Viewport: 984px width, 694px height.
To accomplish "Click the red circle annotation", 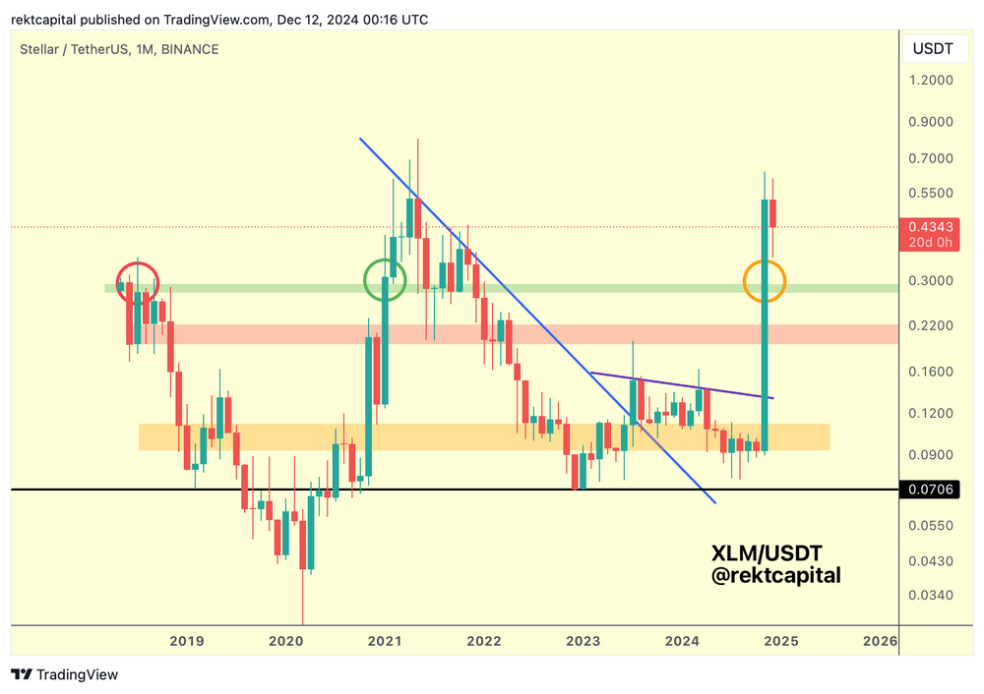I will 138,282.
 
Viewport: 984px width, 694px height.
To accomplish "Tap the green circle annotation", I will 385,280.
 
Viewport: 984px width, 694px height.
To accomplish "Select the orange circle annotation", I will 765,281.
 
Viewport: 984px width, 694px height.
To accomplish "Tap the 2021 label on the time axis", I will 385,641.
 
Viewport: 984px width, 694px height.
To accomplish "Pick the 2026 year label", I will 880,641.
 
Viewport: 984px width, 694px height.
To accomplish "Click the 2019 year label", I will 187,641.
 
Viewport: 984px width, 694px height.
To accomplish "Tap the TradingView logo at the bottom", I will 65,674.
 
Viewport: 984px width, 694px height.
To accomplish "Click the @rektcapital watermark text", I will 776,576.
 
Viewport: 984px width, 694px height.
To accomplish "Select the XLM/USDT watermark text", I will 767,554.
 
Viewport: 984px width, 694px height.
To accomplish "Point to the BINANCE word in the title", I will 190,49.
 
